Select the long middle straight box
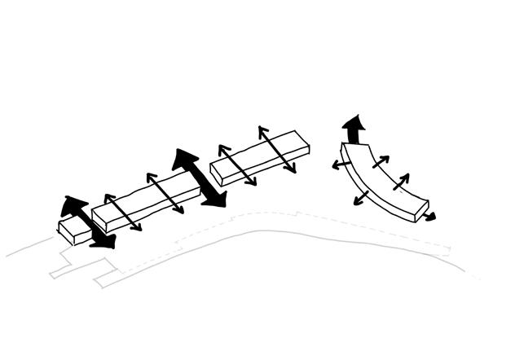(147, 202)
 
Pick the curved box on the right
(383, 181)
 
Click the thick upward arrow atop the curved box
(354, 129)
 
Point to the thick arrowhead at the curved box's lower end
(429, 217)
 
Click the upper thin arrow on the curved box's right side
(380, 161)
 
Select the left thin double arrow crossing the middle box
(122, 212)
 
